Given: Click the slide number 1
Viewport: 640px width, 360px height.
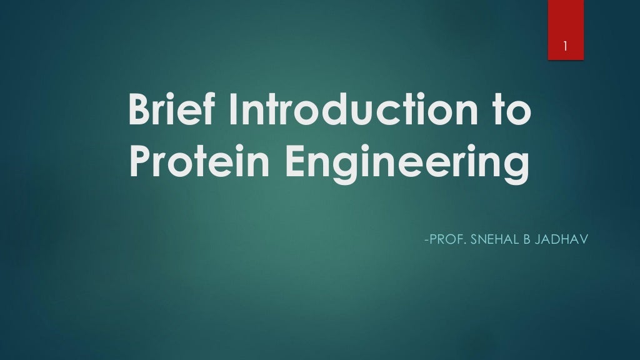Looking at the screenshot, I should coord(565,46).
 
